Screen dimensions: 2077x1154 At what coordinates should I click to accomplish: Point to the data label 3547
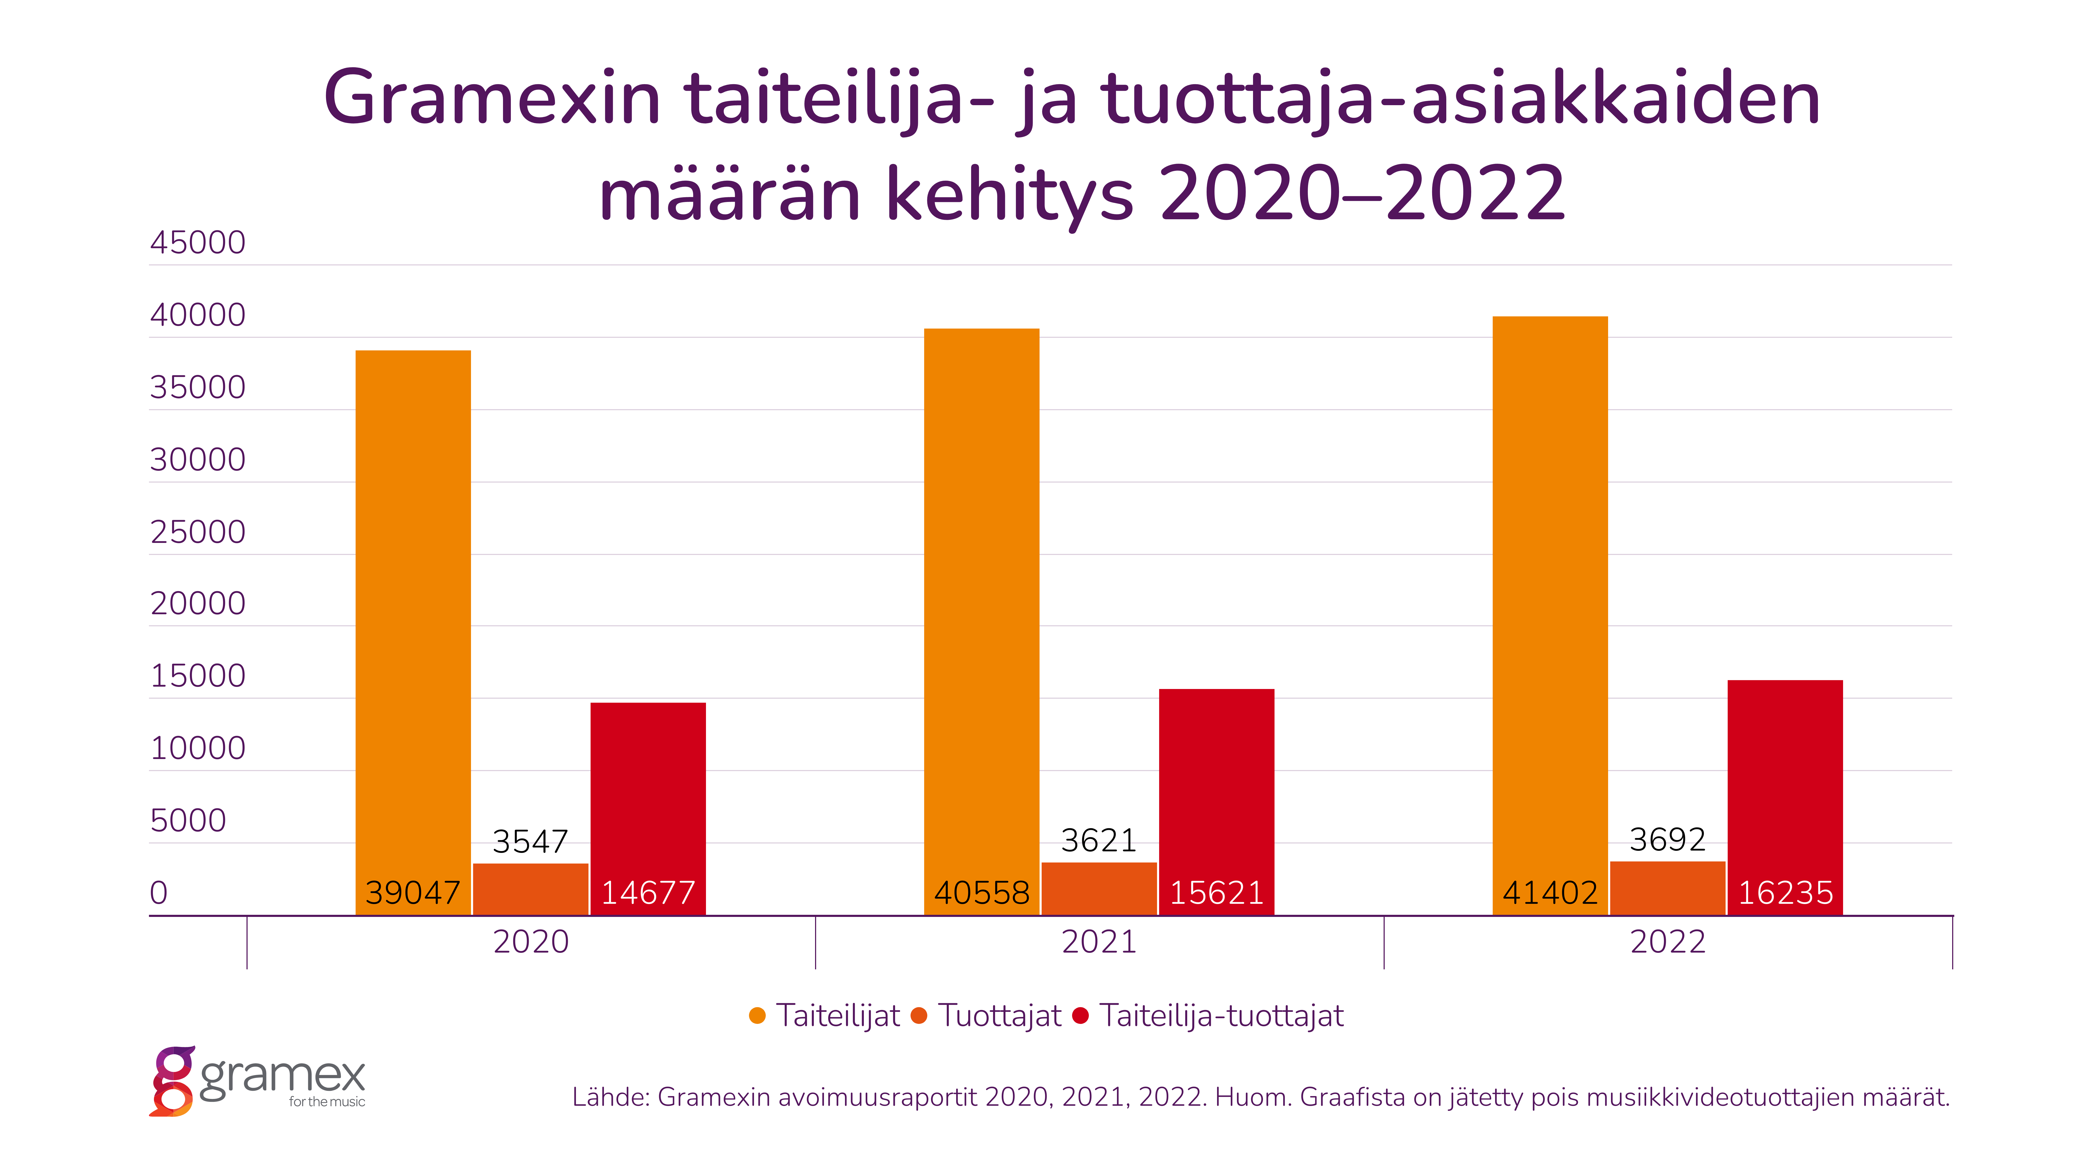click(531, 842)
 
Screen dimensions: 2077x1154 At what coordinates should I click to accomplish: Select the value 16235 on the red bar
click(1785, 893)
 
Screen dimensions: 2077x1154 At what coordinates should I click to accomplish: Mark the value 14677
click(648, 893)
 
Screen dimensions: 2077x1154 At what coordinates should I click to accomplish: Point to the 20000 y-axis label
click(197, 603)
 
